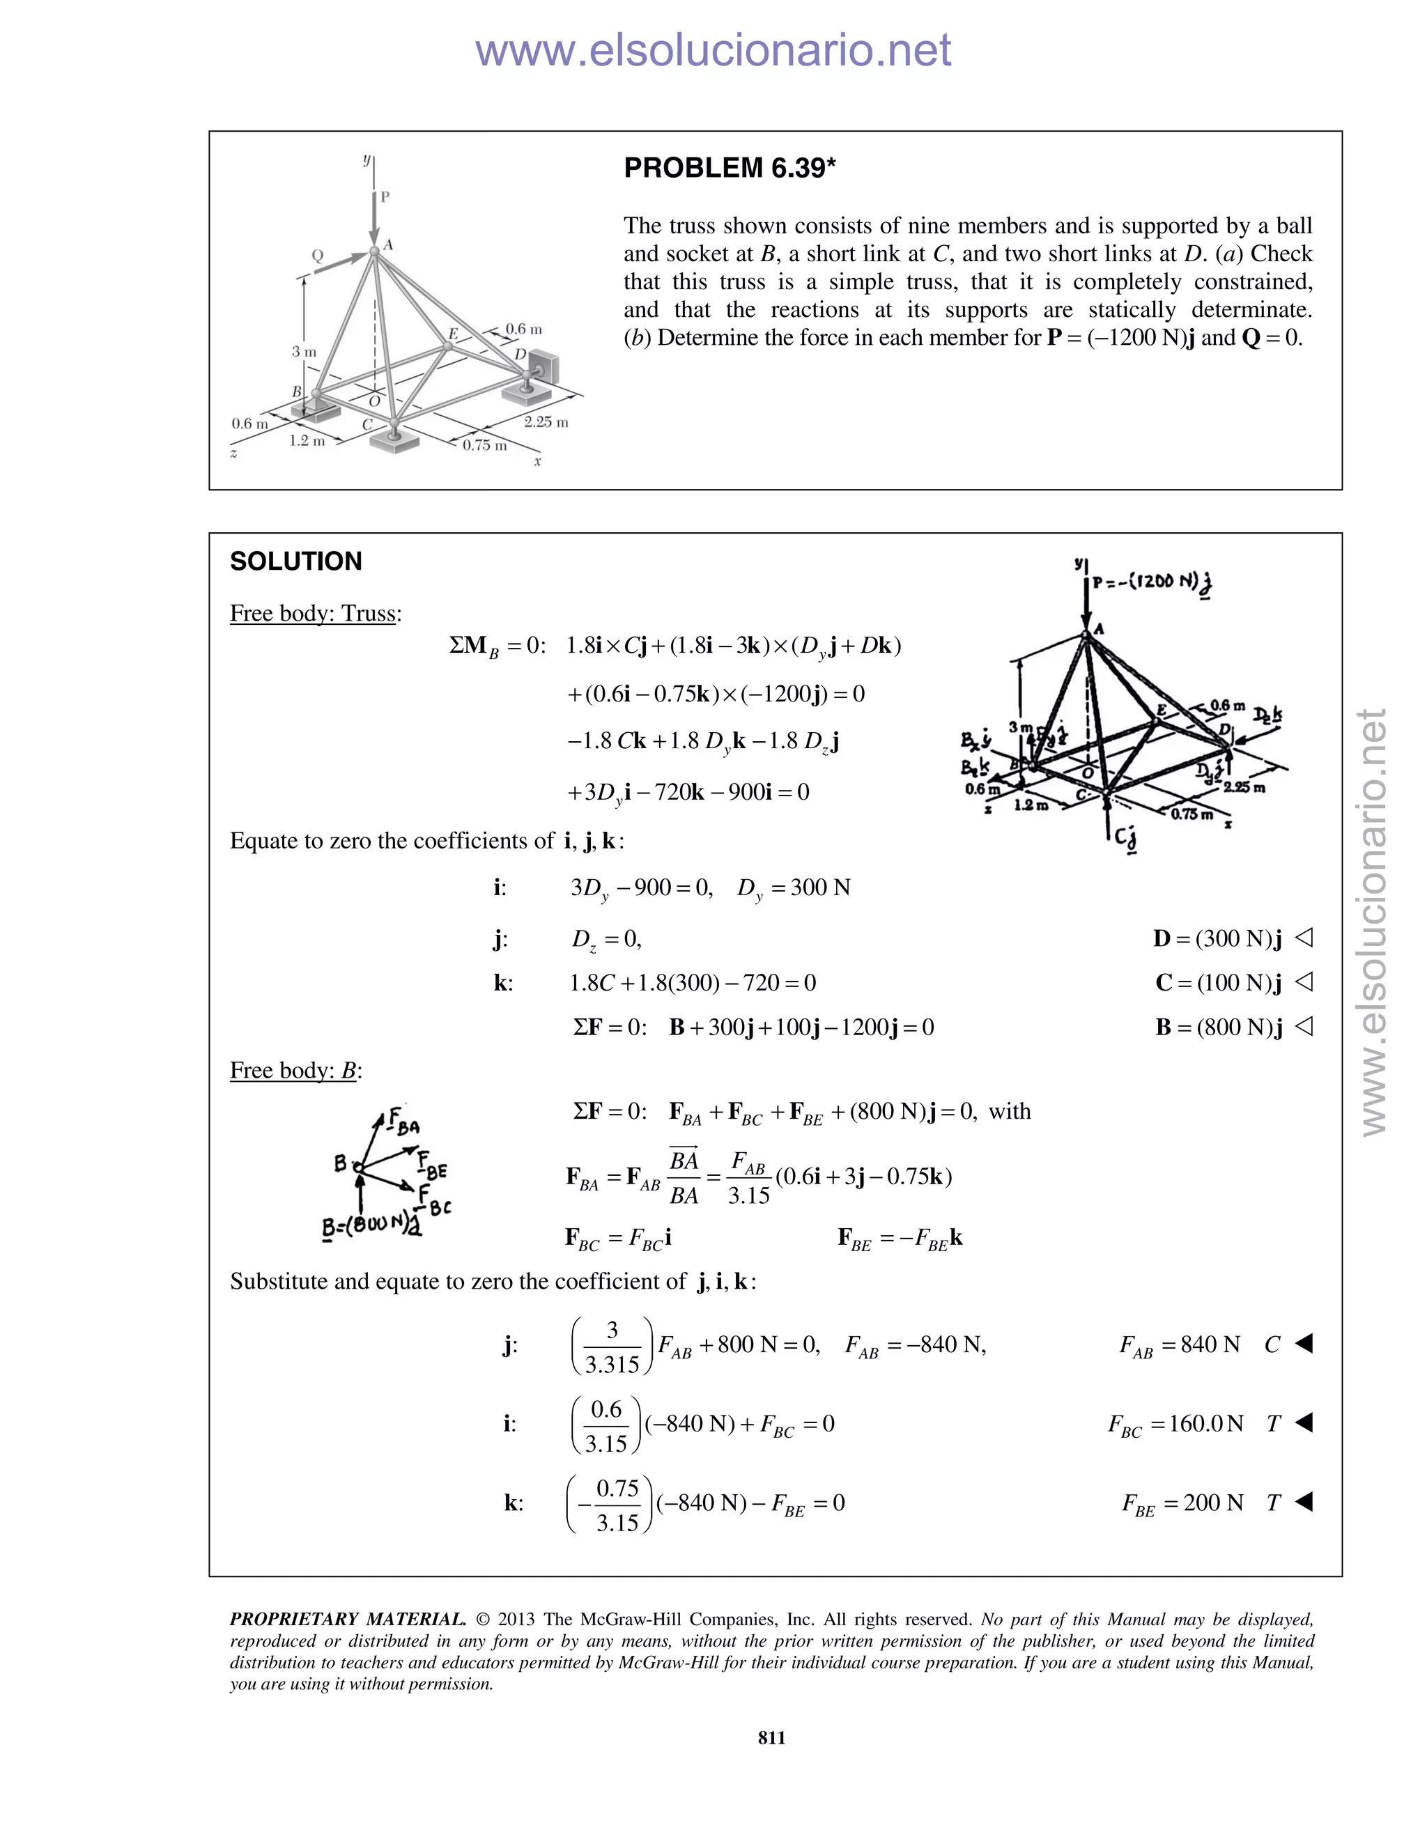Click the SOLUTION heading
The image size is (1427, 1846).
[296, 561]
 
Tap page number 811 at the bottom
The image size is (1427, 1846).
[771, 1737]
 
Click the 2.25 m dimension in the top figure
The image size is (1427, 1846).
[546, 421]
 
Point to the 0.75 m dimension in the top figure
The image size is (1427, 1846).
[484, 445]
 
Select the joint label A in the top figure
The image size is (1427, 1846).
[388, 245]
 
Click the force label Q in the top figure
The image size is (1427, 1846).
[318, 255]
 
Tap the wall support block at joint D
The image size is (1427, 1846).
[542, 365]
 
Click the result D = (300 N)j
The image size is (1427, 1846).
[1217, 938]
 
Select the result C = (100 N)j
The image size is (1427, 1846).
[1217, 982]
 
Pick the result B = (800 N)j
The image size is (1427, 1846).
[1218, 1027]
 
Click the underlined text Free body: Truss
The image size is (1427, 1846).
[314, 614]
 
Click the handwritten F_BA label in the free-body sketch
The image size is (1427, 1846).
[404, 1122]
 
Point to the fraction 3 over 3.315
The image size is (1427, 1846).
[612, 1346]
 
